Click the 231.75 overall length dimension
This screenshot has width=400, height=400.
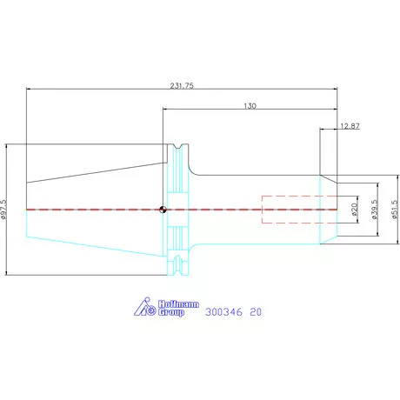(182, 85)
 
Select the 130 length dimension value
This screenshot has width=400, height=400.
(250, 106)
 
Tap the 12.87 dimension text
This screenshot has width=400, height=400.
(350, 126)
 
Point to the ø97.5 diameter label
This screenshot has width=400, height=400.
(3, 209)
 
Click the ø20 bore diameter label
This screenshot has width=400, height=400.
(354, 210)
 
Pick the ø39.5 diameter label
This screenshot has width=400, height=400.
(374, 210)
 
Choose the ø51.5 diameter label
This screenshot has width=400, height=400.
(395, 210)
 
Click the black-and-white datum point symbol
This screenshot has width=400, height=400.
(163, 210)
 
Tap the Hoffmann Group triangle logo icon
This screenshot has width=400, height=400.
(145, 307)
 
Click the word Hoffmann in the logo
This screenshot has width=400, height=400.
(178, 304)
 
